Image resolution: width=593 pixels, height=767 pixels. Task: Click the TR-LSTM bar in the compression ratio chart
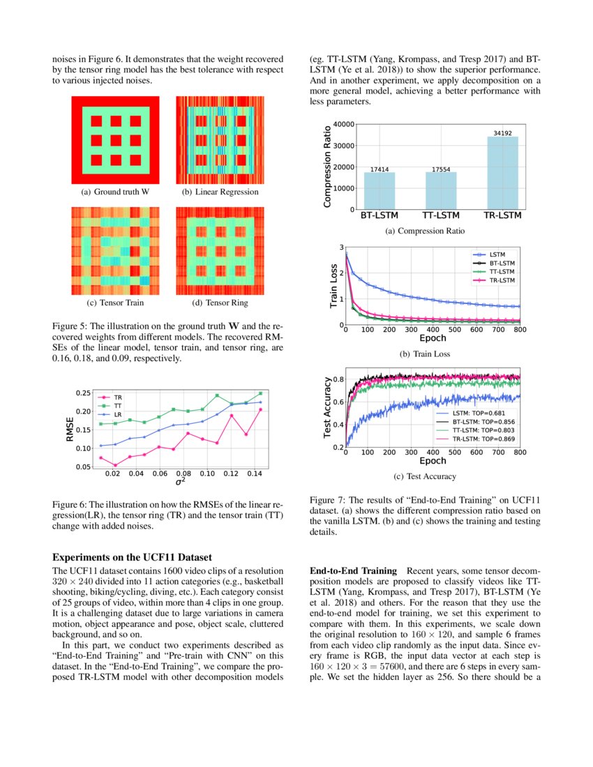[x=502, y=172]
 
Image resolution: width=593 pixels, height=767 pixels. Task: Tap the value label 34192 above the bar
[x=502, y=132]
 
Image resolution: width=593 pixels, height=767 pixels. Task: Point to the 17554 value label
[x=441, y=169]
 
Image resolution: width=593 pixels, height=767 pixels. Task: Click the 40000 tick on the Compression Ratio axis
[x=340, y=124]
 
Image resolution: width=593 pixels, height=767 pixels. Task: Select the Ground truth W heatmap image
[x=116, y=139]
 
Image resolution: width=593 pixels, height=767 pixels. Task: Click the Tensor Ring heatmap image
[x=220, y=251]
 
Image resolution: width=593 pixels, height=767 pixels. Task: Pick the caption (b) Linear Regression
[x=220, y=192]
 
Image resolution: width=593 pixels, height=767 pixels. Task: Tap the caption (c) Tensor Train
[x=116, y=303]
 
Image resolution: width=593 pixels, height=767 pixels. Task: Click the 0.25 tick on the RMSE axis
[x=82, y=393]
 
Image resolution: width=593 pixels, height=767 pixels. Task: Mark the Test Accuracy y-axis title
[x=327, y=408]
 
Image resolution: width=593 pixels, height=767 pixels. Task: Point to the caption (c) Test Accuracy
[x=429, y=476]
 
